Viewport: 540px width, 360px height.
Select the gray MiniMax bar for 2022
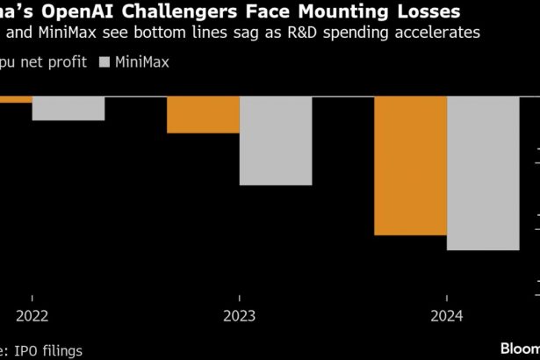[x=68, y=108]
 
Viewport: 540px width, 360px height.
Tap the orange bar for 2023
[x=203, y=114]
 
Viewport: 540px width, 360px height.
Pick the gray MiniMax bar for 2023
[x=276, y=140]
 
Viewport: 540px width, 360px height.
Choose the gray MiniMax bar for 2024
[x=483, y=173]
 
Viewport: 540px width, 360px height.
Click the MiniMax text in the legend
[x=142, y=62]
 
